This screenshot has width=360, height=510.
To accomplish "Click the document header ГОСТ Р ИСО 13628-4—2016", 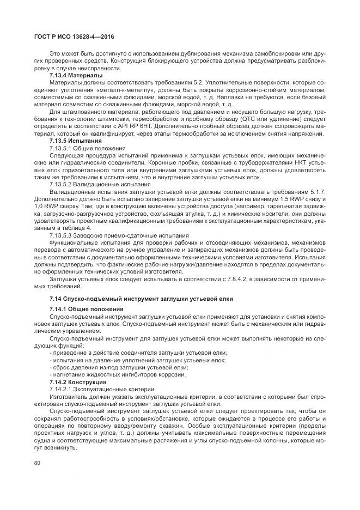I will [68, 36].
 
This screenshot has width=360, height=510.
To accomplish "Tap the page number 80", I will [37, 462].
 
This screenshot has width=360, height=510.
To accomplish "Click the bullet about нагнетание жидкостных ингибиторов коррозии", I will [118, 374].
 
